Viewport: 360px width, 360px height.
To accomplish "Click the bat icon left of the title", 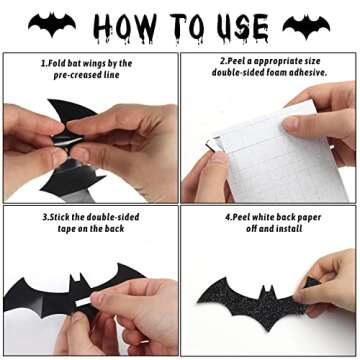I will [52, 23].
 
